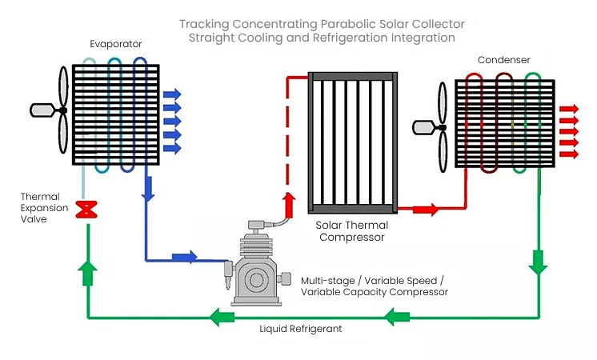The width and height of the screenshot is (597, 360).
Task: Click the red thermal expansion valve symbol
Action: coord(86,210)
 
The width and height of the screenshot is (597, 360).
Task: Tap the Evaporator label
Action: coord(116,44)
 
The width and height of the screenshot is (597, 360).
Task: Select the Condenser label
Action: coord(503,60)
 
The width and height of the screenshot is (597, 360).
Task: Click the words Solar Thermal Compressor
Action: coord(352,231)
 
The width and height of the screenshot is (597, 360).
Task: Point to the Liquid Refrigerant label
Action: coord(300,329)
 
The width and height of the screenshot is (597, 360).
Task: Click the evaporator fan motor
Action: coord(42,110)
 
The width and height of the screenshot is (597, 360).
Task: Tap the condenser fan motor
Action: coord(425,127)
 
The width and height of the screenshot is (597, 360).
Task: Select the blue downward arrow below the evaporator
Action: coord(148,189)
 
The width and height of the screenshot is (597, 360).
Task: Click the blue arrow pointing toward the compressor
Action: coord(185,257)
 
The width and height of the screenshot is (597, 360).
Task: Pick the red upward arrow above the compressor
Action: coord(290,205)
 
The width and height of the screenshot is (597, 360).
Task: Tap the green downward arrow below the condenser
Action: coord(538,262)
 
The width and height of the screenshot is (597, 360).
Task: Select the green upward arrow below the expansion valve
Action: coord(87,273)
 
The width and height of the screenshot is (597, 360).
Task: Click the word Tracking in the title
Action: coord(204,24)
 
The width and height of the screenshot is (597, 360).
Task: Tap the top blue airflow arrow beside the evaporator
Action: coord(172,94)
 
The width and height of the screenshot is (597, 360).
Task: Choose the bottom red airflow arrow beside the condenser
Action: coord(569,154)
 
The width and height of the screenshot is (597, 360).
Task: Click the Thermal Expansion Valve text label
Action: coord(44,208)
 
